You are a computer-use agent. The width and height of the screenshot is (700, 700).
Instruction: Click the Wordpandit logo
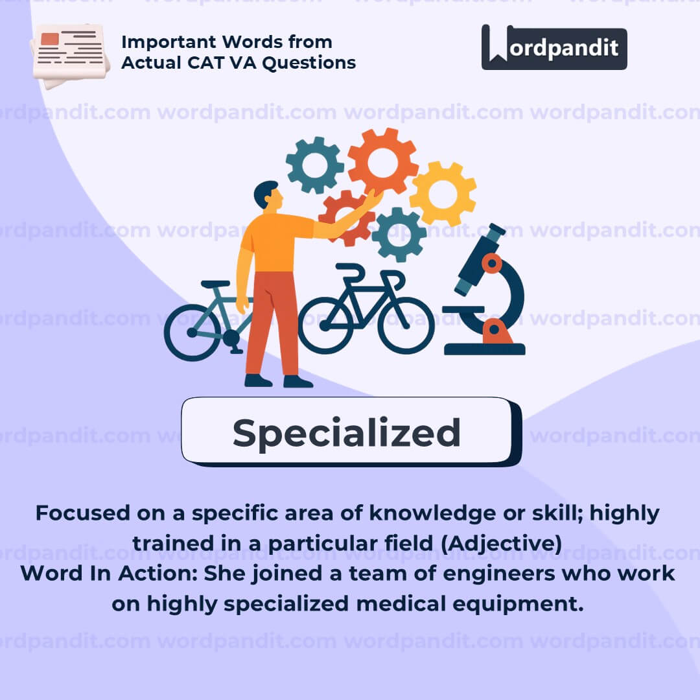pyautogui.click(x=554, y=47)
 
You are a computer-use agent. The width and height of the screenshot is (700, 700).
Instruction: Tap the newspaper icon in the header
pyautogui.click(x=70, y=55)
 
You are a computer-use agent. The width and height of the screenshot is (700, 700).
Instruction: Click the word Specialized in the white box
pyautogui.click(x=346, y=433)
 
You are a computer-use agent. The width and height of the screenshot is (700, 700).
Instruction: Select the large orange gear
pyautogui.click(x=382, y=162)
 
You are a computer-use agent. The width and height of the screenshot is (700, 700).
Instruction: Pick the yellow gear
pyautogui.click(x=443, y=194)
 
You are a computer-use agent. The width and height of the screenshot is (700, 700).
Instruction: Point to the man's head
pyautogui.click(x=268, y=195)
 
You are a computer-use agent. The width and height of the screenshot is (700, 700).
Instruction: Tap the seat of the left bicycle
pyautogui.click(x=215, y=285)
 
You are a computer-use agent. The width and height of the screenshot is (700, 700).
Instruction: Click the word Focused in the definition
pyautogui.click(x=82, y=513)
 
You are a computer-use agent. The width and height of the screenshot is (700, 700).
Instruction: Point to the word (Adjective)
pyautogui.click(x=501, y=543)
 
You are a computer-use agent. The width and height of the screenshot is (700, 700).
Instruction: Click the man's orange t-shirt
pyautogui.click(x=277, y=241)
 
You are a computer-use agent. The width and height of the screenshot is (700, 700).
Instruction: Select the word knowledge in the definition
pyautogui.click(x=432, y=513)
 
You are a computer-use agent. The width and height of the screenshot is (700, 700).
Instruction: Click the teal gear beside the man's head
pyautogui.click(x=315, y=165)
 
